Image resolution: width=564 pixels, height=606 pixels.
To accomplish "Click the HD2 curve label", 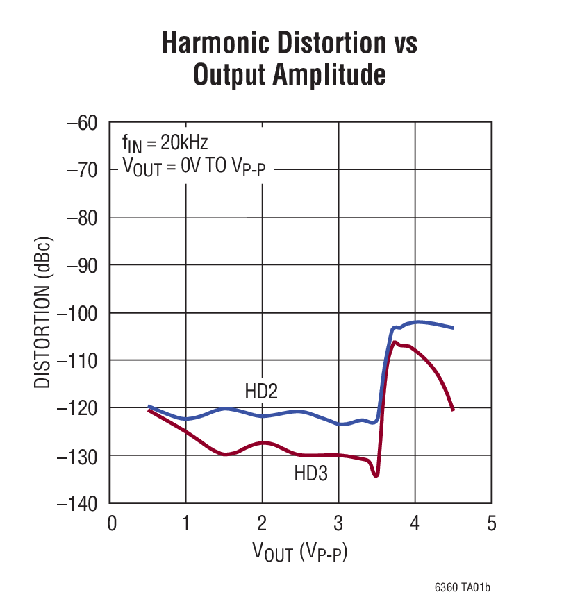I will [261, 392].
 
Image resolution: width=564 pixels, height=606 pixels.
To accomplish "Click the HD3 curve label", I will [310, 473].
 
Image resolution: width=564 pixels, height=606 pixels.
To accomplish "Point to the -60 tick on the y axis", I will [84, 123].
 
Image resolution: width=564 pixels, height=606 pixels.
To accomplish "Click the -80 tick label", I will [84, 218].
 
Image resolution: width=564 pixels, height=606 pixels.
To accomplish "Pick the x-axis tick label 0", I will [111, 523].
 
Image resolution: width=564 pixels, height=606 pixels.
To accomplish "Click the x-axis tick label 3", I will [339, 523].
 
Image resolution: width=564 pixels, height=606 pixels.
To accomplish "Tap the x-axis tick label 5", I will [491, 523].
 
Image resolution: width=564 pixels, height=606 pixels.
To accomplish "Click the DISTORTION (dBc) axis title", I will [44, 312].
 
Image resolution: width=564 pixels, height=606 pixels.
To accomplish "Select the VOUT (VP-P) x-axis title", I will [300, 553].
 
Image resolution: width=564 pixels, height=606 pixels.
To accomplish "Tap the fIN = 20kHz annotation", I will [165, 143].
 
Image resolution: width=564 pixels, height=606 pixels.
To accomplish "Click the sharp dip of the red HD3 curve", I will [376, 475].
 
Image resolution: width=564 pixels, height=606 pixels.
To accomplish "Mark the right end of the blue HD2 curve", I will [454, 328].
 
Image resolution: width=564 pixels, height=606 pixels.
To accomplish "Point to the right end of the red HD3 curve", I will [454, 410].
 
